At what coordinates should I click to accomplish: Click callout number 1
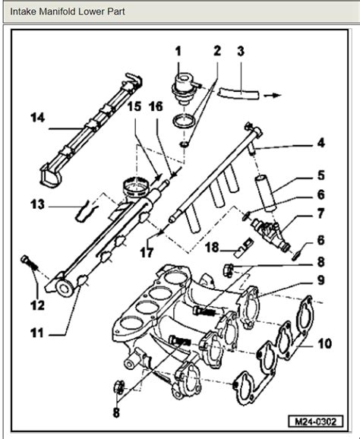178,52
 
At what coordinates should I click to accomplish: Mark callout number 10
324,343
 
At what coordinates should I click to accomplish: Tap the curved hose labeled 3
235,93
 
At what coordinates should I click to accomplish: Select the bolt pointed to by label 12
30,263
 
